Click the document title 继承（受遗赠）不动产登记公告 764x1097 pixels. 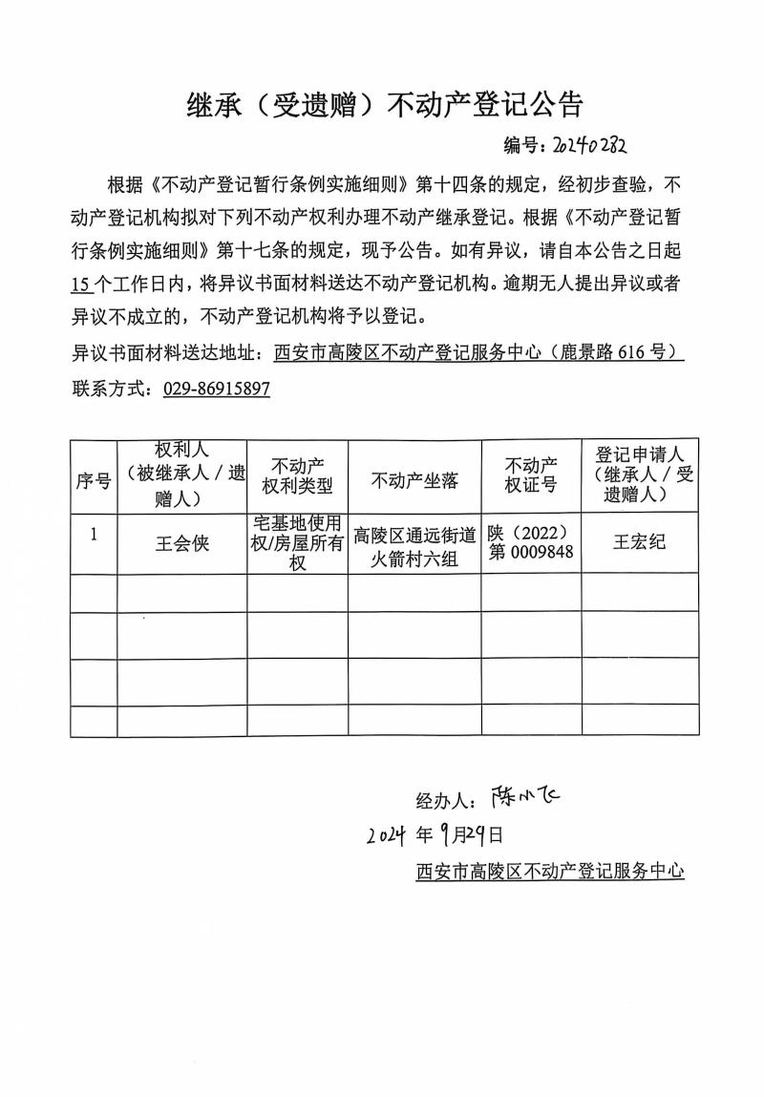coord(383,104)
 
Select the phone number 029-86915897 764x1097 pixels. coord(218,390)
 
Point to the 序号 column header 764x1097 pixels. coord(93,480)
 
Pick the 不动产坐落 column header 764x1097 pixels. coord(414,480)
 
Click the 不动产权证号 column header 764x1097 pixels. coord(531,475)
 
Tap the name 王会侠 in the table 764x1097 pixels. coord(181,543)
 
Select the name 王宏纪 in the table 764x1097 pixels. coord(639,541)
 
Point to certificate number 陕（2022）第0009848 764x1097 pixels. coord(531,542)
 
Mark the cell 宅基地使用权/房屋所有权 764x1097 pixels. coord(296,542)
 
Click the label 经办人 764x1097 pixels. coord(444,801)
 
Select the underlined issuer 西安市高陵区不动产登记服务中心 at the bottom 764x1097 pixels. coord(550,871)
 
